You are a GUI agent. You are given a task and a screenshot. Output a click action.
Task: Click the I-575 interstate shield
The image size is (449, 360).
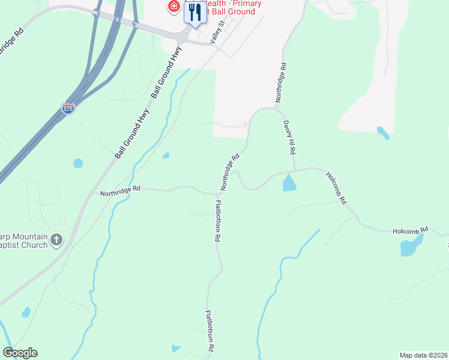68,109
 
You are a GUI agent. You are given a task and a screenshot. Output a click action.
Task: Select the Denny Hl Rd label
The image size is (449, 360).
290,137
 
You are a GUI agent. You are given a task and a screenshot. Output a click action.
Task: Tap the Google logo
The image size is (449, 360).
20,353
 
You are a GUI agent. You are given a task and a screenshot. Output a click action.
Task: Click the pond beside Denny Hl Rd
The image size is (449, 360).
289,182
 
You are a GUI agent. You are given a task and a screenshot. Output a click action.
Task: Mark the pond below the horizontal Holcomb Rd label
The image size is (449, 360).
411,245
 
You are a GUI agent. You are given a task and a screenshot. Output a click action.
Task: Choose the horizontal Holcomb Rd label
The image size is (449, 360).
410,229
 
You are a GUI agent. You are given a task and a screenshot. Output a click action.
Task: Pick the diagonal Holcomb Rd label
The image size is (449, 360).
336,188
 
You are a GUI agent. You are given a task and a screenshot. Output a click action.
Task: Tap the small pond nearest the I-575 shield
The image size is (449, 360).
78,163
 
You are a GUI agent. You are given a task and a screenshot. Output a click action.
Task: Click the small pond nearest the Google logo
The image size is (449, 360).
26,312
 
